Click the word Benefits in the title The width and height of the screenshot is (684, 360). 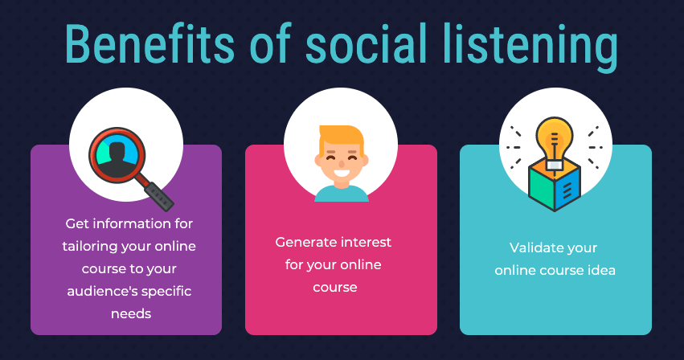150,43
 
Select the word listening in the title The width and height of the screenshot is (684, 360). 530,46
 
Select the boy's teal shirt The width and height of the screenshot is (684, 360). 342,194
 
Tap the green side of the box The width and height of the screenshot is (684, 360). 541,189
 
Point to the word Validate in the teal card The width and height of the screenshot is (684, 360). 531,247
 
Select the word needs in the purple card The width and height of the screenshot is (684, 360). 131,313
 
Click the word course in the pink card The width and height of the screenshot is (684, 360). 335,288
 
